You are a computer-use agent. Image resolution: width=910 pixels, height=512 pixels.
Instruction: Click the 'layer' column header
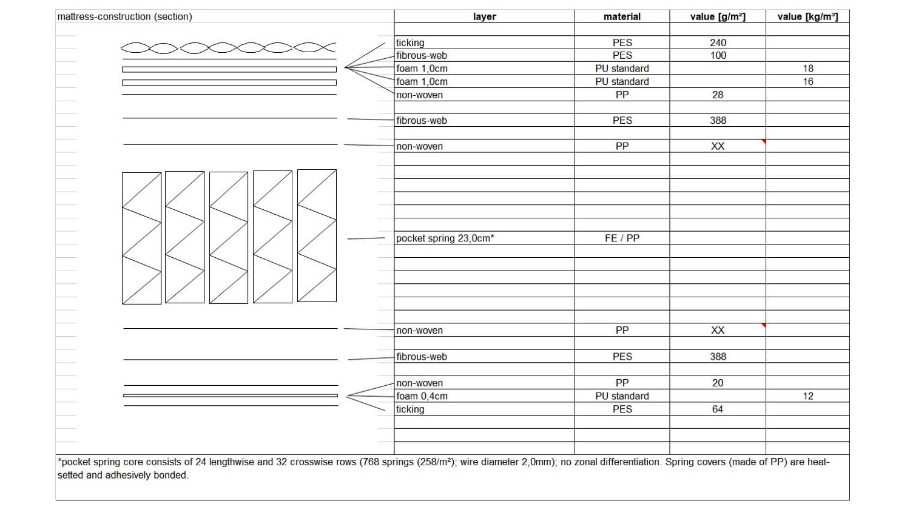(484, 16)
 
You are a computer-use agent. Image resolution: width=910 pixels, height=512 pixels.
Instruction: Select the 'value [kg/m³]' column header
(807, 16)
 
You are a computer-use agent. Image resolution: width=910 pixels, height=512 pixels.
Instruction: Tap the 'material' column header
(622, 16)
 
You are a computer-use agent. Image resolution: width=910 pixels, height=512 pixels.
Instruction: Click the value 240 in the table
(718, 42)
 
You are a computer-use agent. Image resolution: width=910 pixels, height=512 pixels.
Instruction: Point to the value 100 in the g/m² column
(718, 55)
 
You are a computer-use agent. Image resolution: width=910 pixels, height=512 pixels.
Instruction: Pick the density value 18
(807, 69)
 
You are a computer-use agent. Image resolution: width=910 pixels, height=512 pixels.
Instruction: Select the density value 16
(807, 81)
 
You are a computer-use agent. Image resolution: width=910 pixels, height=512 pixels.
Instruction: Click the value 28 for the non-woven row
(718, 95)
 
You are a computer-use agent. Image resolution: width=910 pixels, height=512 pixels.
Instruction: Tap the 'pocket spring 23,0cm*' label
(445, 238)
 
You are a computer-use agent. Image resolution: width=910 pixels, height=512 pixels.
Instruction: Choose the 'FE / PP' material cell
(622, 238)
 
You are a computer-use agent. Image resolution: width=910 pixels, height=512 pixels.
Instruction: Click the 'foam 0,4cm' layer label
(422, 396)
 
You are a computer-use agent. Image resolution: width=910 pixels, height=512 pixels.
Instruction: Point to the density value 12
(807, 396)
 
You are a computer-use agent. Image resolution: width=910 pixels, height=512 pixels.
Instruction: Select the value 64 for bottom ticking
(718, 409)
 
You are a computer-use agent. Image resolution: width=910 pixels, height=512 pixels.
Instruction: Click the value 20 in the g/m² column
(718, 383)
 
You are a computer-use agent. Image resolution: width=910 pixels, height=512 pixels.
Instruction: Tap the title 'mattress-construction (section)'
(124, 16)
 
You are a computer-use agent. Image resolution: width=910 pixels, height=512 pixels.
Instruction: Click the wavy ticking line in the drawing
(228, 47)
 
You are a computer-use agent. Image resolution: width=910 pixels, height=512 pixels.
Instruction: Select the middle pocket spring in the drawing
(229, 237)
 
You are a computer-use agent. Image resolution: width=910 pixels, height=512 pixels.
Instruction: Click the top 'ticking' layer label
(410, 42)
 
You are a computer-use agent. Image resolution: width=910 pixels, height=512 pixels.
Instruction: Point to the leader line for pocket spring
(366, 238)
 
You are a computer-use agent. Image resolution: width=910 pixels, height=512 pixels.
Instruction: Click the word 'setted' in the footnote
(70, 475)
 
